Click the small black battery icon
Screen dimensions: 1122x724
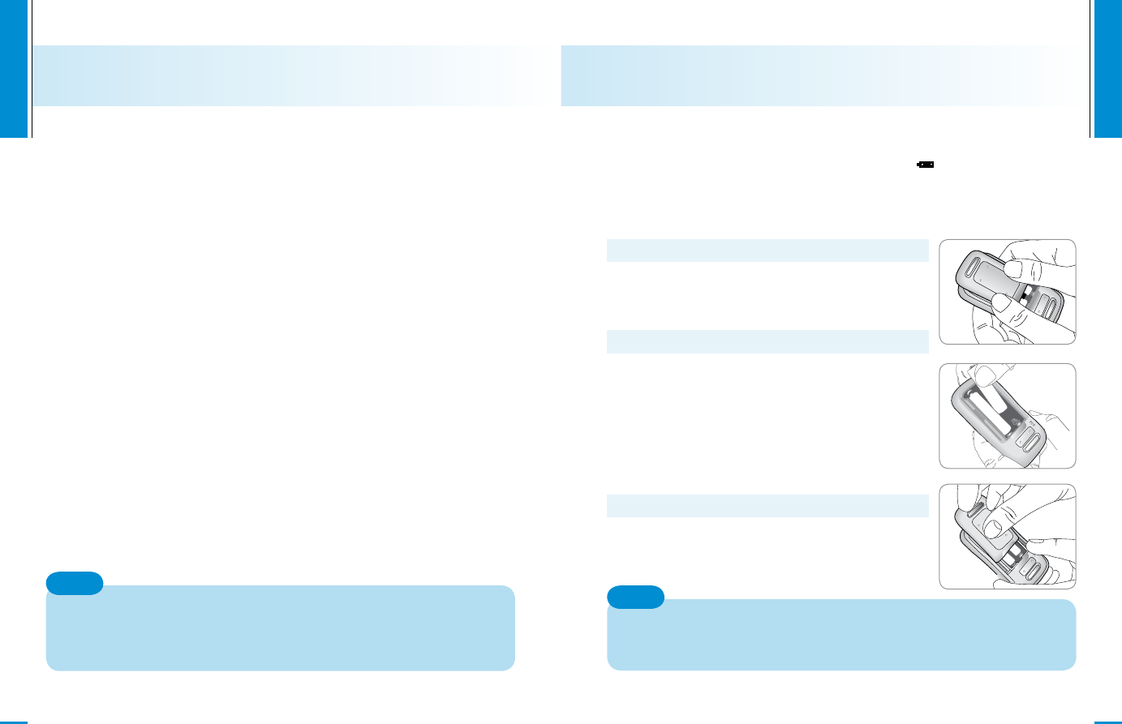pos(926,165)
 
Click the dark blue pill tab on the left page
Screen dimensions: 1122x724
pos(75,583)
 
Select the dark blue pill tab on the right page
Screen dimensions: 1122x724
pos(635,598)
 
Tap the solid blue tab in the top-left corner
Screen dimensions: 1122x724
pos(13,68)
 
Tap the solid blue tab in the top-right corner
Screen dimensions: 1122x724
pos(1108,68)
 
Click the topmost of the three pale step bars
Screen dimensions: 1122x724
pos(767,251)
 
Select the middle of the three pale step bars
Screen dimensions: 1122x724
pos(767,341)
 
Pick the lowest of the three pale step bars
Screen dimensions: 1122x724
pos(767,506)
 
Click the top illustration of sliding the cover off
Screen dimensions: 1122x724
pos(1007,292)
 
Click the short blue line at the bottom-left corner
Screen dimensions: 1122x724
pos(14,721)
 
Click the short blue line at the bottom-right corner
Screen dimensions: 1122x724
pos(1108,721)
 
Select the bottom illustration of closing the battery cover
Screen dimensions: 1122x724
pos(1007,537)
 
